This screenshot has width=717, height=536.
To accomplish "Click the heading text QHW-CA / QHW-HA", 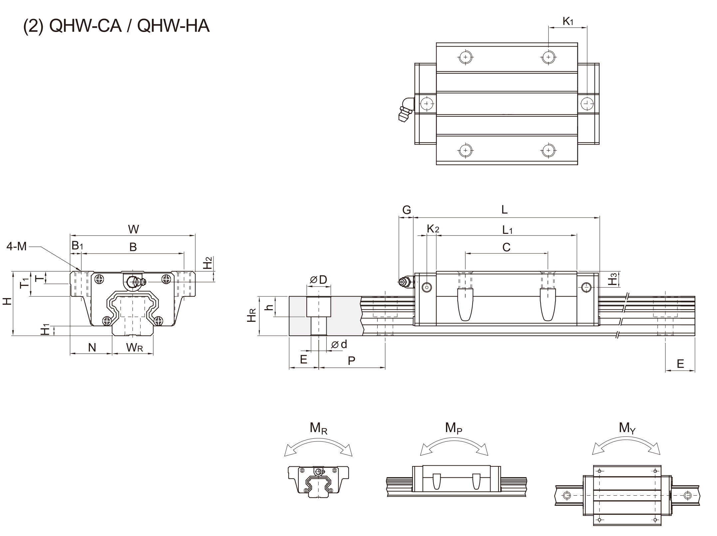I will click(117, 26).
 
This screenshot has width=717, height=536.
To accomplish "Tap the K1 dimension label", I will click(568, 22).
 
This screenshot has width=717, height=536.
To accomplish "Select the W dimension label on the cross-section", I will click(133, 229).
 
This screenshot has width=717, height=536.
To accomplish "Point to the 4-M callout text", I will click(17, 247).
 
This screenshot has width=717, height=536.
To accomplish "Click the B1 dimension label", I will click(77, 246).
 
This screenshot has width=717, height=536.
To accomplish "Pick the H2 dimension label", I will click(207, 263).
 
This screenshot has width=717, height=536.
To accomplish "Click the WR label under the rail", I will click(134, 348).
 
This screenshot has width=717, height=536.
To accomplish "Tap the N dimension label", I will click(92, 348).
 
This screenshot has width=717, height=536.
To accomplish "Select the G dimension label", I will click(406, 210).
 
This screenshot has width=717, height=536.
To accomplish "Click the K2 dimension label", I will click(433, 229).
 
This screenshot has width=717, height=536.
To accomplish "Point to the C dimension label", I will click(506, 247).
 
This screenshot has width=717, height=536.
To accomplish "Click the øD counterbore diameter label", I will click(318, 280).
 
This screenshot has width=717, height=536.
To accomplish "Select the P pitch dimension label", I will click(351, 360).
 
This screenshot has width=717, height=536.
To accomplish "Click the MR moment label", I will click(318, 428).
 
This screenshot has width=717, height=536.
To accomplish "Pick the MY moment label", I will click(627, 428).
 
